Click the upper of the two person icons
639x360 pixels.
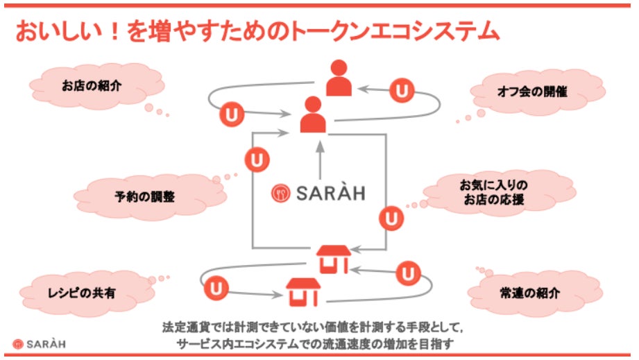point(338,78)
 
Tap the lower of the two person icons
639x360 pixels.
point(313,114)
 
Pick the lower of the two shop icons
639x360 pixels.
point(303,292)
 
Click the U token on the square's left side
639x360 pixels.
point(257,160)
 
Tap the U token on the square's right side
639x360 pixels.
point(391,218)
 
